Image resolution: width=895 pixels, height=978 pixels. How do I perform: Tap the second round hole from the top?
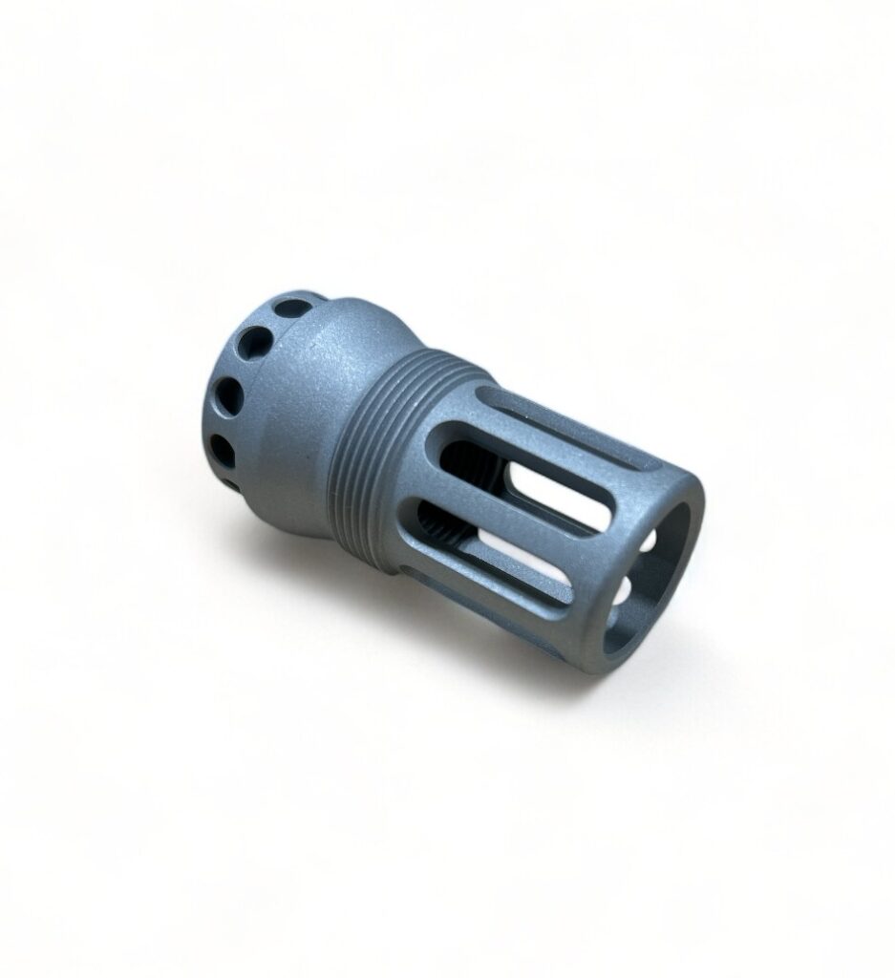(255, 341)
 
